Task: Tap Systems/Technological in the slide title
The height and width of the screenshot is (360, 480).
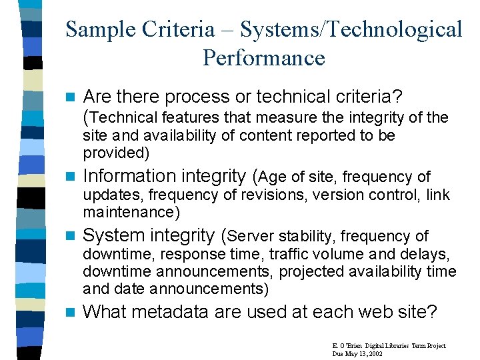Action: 351,29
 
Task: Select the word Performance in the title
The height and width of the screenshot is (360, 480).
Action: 263,58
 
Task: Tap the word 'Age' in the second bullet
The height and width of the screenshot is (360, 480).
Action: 273,177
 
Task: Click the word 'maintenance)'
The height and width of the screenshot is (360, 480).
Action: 131,213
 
